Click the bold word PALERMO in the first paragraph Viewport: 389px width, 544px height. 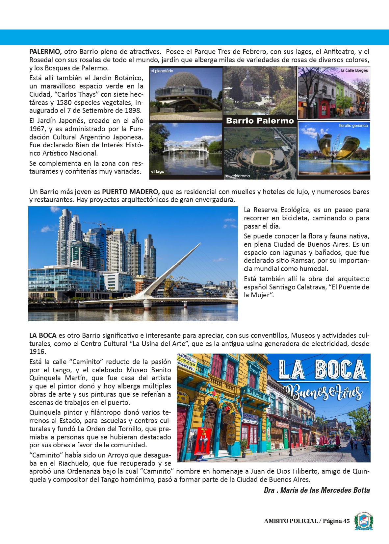(45, 52)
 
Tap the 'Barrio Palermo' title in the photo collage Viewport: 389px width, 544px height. (260, 121)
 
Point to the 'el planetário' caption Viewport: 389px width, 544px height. (162, 71)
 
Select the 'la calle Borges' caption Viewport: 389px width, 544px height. (354, 70)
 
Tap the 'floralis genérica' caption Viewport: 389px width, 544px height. (353, 126)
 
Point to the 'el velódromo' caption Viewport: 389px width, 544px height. (238, 176)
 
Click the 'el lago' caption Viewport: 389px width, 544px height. (158, 171)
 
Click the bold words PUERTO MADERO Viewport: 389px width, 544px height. (131, 192)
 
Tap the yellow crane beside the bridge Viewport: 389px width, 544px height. (171, 283)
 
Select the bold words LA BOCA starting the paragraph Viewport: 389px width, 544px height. (43, 335)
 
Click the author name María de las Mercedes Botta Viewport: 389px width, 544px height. (325, 490)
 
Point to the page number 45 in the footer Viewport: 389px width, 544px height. (346, 521)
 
